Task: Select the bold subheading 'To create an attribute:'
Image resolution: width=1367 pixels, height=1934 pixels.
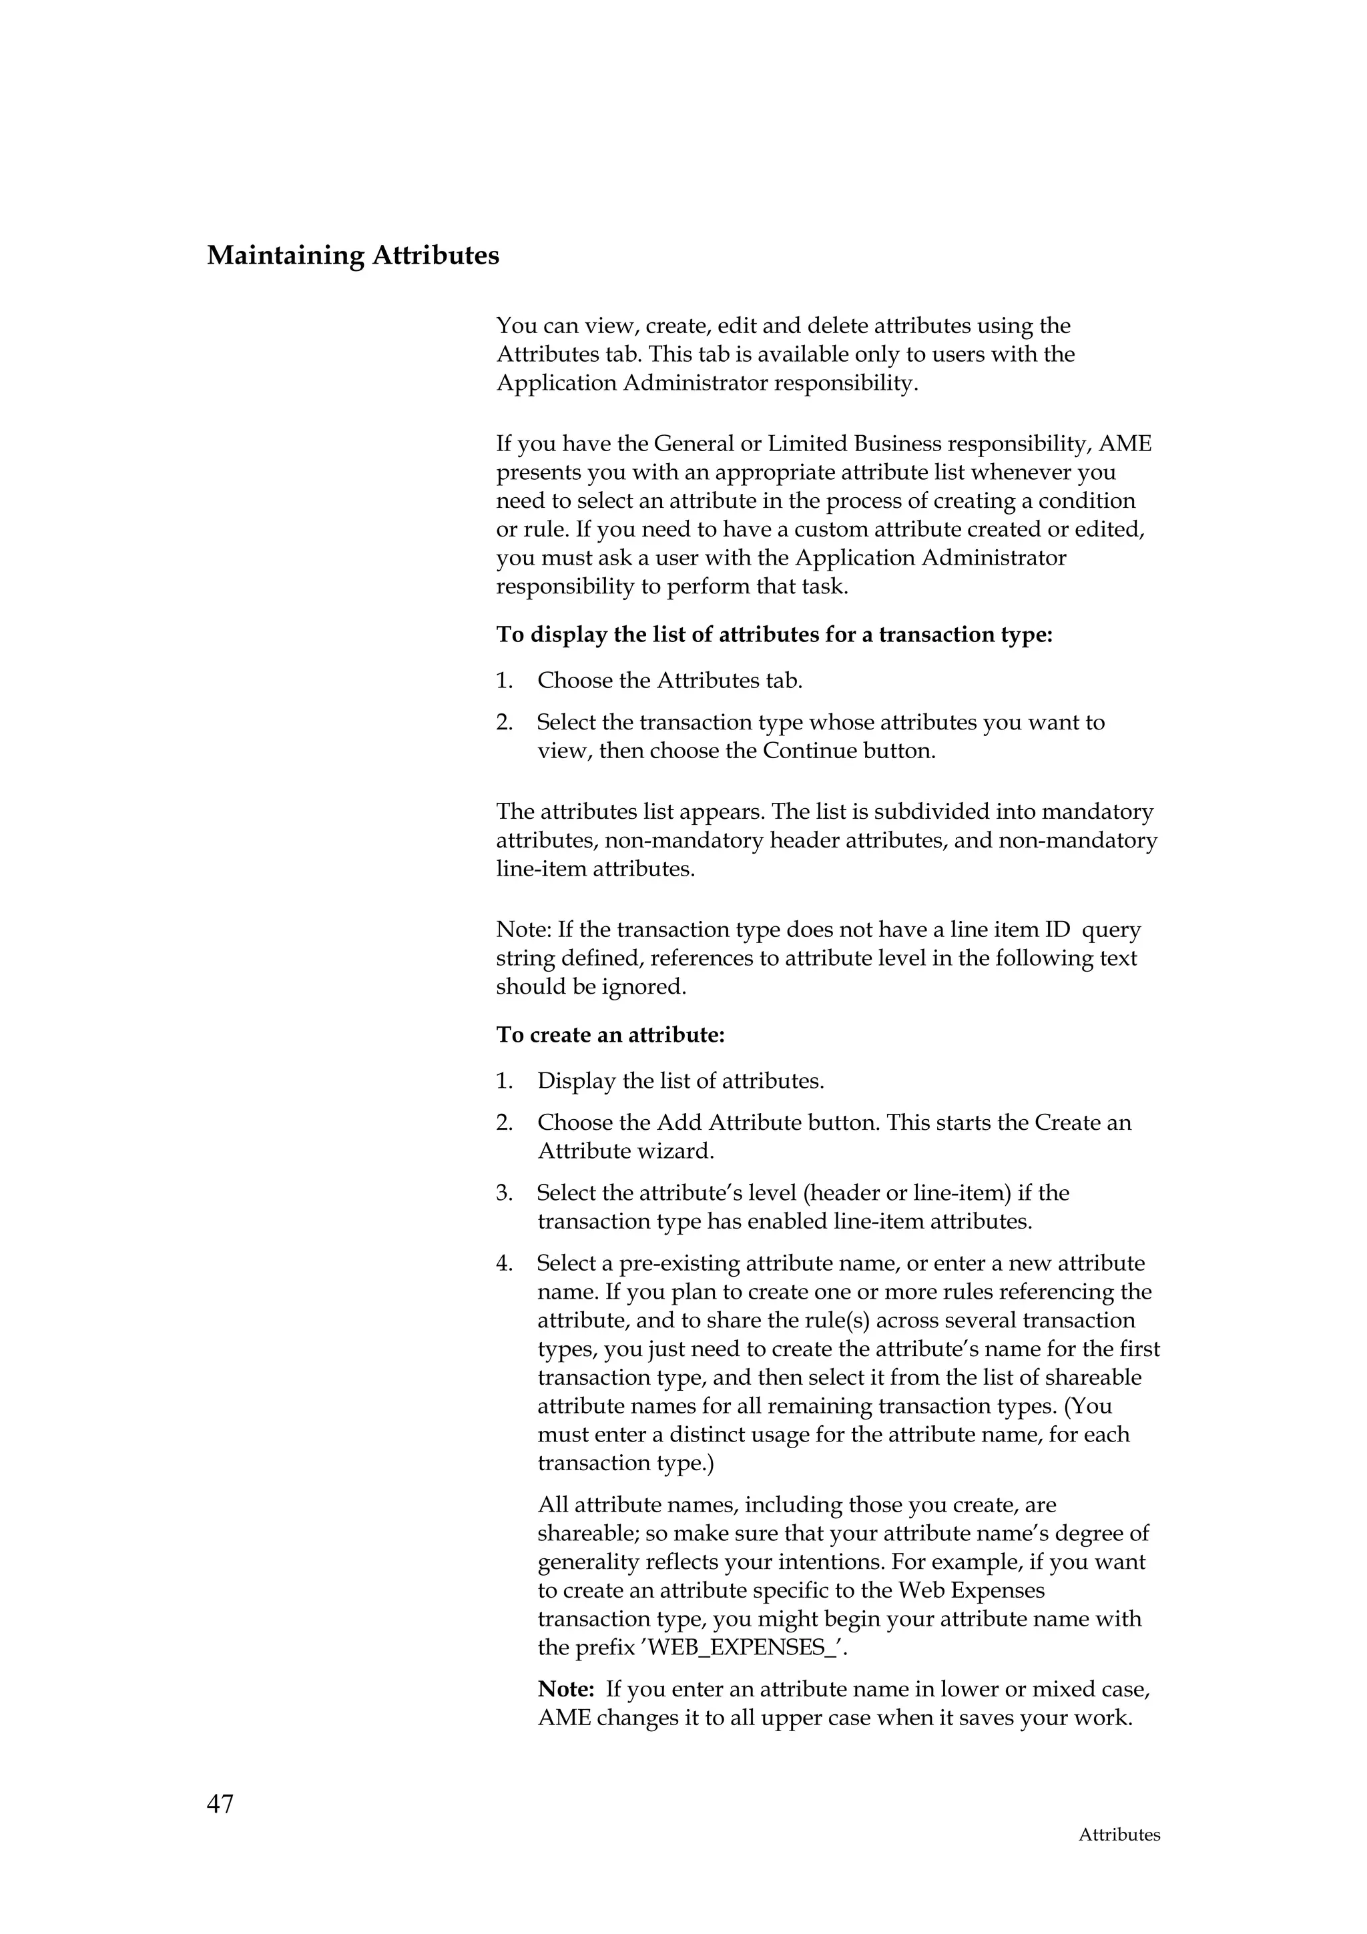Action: coord(610,1034)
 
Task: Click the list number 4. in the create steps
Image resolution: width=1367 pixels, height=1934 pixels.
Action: coord(505,1263)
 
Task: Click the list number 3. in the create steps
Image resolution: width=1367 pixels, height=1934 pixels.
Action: coord(505,1193)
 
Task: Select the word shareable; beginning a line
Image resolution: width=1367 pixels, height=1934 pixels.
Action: coord(588,1534)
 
